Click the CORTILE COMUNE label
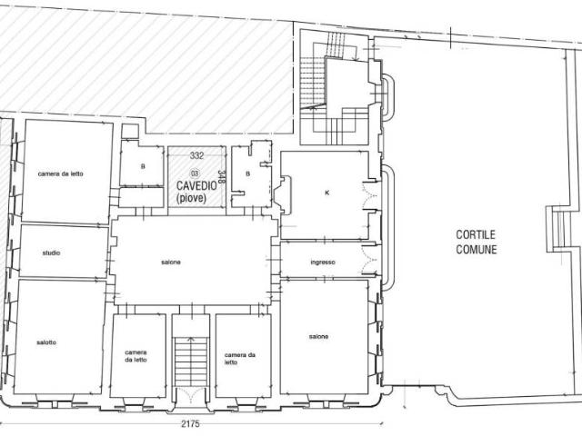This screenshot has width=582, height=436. (477, 242)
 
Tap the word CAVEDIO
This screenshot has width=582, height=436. (196, 185)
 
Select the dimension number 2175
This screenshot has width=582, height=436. (190, 423)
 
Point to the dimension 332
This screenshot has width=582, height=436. (196, 155)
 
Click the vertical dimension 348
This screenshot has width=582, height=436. (222, 177)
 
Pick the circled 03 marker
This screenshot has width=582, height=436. (195, 173)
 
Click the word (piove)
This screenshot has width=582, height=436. (191, 198)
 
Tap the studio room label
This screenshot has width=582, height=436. (51, 253)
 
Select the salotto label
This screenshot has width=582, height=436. (46, 342)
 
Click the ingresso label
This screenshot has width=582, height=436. (323, 263)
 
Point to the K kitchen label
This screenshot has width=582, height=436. (327, 193)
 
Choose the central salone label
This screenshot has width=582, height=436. (171, 263)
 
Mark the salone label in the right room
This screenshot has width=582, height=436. (318, 337)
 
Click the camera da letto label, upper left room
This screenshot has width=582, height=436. (61, 173)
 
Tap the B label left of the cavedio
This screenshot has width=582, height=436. (143, 167)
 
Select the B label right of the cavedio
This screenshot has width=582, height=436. (248, 173)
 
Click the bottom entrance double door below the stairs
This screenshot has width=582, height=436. (191, 395)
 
